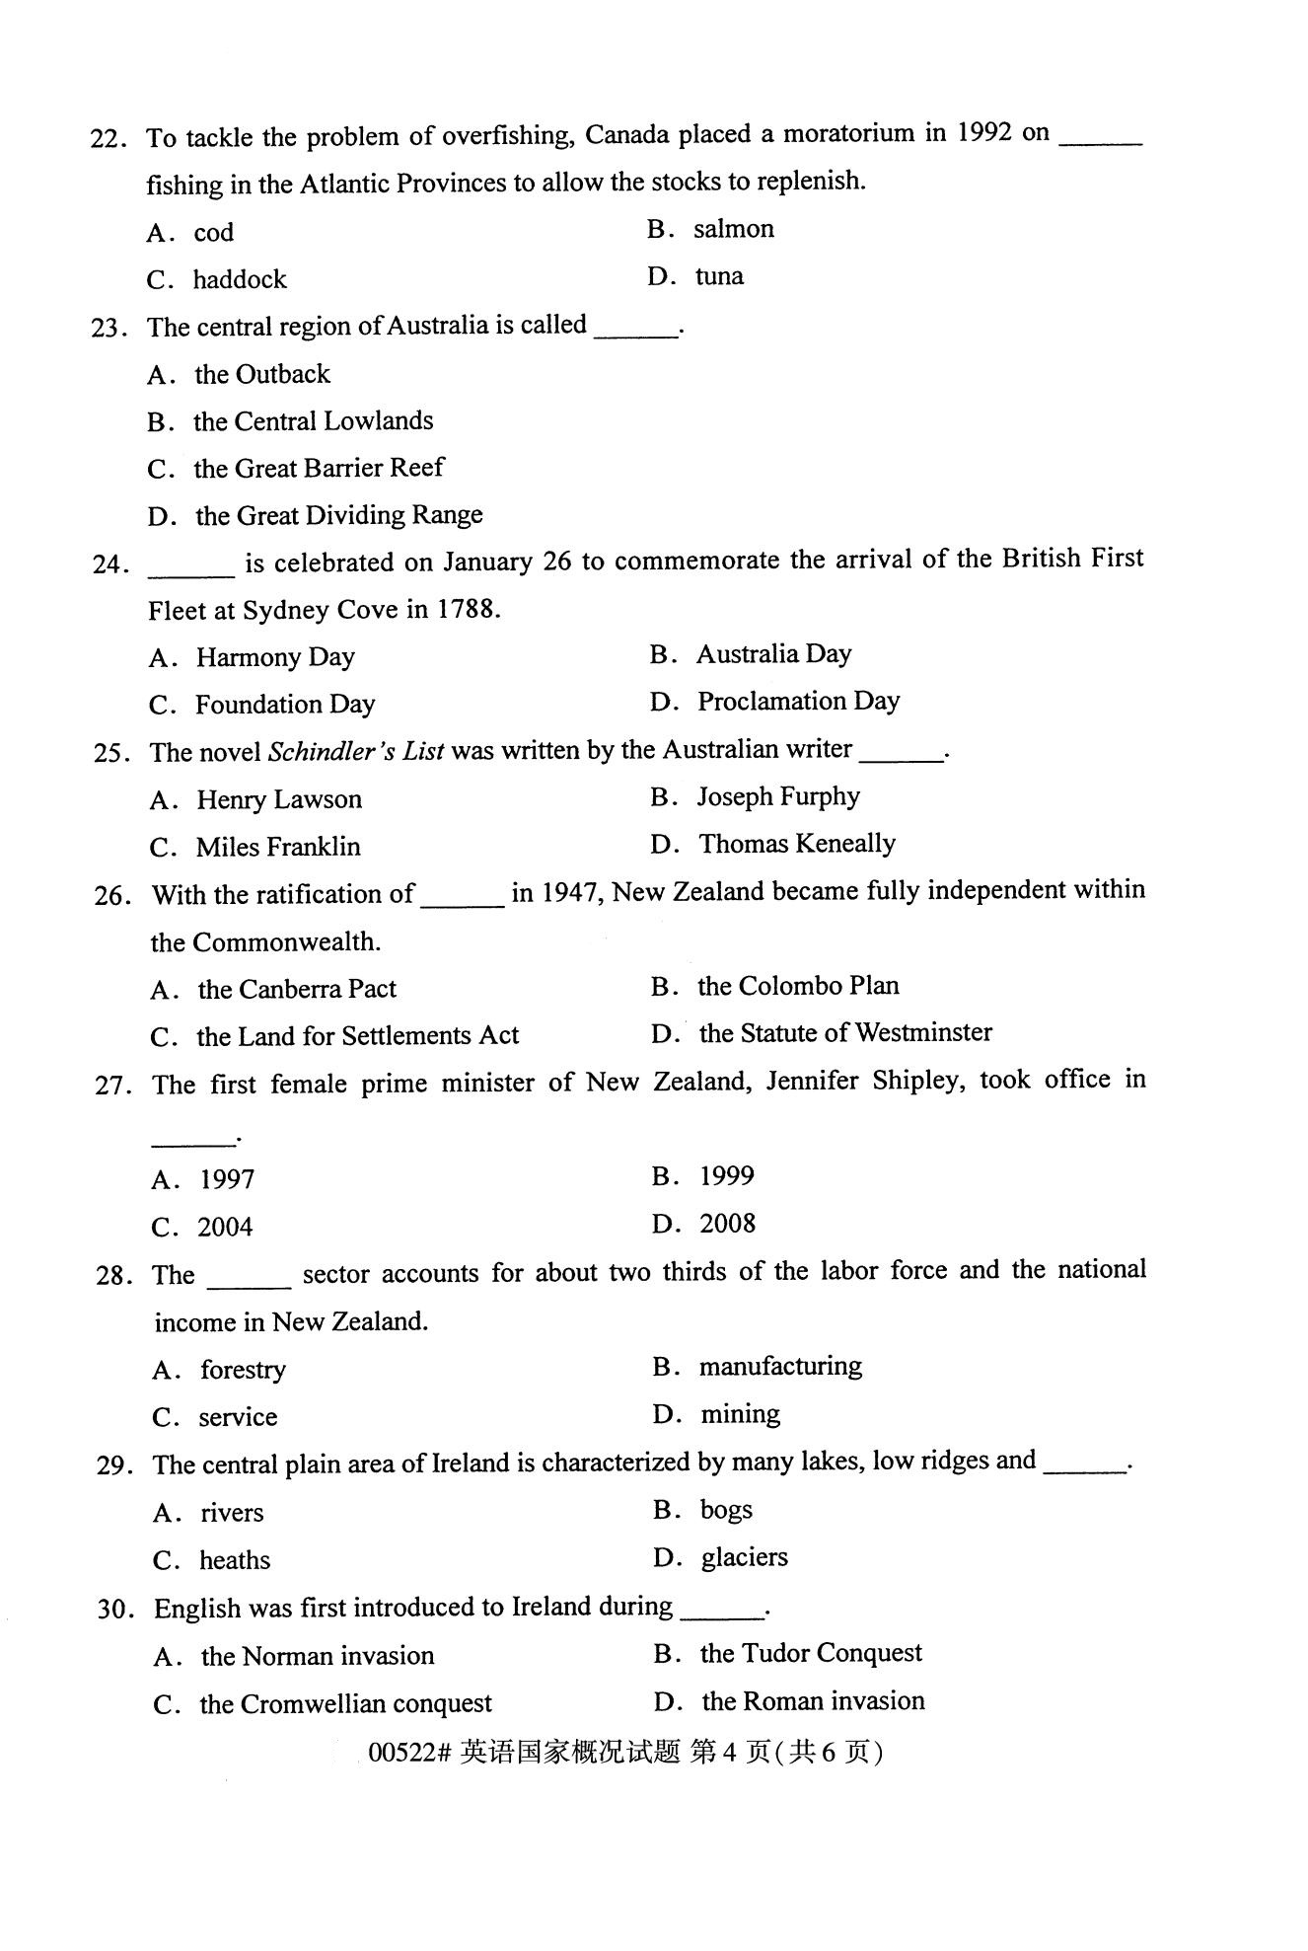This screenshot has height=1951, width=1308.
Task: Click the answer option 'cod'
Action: pos(213,233)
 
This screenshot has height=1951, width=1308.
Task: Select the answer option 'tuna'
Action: pos(719,276)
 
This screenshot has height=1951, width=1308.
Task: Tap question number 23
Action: pos(109,328)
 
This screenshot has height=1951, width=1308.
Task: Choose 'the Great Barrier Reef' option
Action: pos(318,468)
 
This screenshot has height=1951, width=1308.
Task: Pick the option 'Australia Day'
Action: pos(773,654)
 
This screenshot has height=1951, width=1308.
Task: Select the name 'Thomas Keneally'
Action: pos(797,844)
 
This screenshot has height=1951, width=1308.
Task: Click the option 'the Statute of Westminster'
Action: pos(845,1033)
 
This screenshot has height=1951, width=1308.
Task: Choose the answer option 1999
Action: pos(726,1176)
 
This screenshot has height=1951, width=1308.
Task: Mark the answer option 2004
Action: pos(225,1227)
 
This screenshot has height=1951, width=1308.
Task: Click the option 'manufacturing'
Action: pos(780,1367)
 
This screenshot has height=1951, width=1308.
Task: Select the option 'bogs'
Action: pos(726,1510)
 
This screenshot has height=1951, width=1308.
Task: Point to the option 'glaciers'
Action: pos(744,1557)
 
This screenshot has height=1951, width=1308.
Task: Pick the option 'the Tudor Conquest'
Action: pos(811,1653)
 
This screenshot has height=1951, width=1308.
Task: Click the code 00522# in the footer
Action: pos(409,1753)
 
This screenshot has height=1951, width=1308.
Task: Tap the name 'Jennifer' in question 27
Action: pos(812,1081)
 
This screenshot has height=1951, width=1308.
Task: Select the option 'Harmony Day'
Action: pos(275,657)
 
